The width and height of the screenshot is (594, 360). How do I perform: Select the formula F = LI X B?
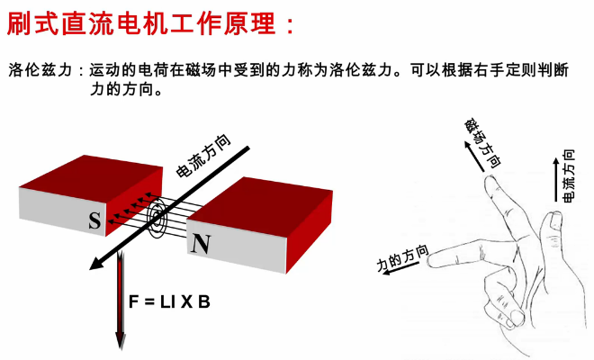tap(172, 301)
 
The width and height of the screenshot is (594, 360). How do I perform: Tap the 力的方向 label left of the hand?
tap(402, 257)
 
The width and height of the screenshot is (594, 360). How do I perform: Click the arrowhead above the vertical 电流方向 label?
tap(554, 154)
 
